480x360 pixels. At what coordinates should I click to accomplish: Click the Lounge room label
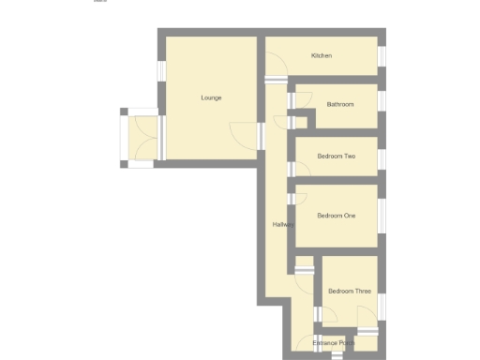(211, 97)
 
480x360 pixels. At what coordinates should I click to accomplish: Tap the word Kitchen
(322, 56)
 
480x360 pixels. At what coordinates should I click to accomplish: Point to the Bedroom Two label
(337, 156)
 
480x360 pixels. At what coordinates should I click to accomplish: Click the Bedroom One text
(337, 216)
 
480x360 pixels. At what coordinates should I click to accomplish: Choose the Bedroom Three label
(350, 292)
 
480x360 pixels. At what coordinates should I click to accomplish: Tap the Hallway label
(282, 224)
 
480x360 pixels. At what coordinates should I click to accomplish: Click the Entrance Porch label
(334, 343)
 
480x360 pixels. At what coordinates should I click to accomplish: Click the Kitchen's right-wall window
(382, 56)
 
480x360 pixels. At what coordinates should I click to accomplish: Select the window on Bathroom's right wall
(382, 101)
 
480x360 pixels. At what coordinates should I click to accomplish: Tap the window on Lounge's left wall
(161, 71)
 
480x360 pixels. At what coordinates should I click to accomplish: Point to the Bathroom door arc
(282, 120)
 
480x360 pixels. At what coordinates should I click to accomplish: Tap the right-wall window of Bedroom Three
(382, 307)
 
